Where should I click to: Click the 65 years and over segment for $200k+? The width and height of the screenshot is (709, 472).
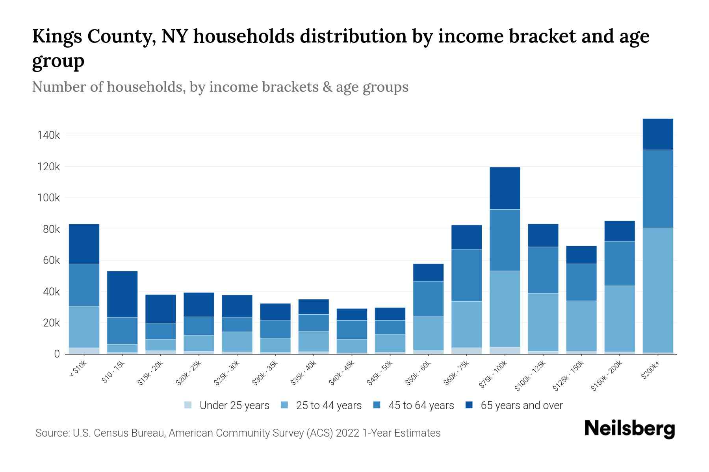658,134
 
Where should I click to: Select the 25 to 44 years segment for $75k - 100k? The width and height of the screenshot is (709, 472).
505,309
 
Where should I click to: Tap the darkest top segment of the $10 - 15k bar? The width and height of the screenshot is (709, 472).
122,294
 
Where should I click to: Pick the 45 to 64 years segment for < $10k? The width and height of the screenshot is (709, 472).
84,285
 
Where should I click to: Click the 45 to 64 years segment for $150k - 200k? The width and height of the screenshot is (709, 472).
620,264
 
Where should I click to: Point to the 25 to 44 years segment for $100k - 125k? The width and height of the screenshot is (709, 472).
543,322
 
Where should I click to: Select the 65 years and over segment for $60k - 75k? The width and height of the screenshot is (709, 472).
466,237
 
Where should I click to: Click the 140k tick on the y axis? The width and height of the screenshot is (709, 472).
48,135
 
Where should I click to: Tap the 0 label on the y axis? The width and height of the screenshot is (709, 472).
57,354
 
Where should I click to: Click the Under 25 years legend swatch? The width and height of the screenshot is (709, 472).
188,405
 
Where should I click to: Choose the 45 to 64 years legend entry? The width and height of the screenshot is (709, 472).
421,406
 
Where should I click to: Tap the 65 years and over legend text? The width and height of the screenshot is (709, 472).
522,406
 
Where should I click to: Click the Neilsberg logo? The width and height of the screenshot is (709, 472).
629,429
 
